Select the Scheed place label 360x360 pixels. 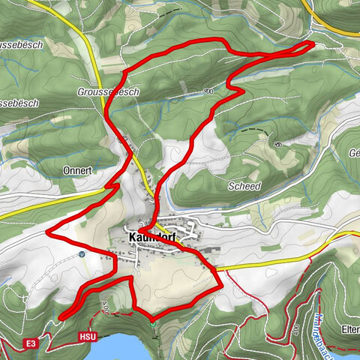pos(246,184)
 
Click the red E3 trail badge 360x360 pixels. pos(31,343)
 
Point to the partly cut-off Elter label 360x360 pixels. pos(350,327)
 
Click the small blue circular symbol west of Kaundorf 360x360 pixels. pos(82,253)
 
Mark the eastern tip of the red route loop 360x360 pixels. pos(310,45)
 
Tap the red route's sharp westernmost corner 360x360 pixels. pos(49,234)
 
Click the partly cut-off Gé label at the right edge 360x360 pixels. pos(354,151)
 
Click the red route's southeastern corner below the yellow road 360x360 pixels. pos(220,285)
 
